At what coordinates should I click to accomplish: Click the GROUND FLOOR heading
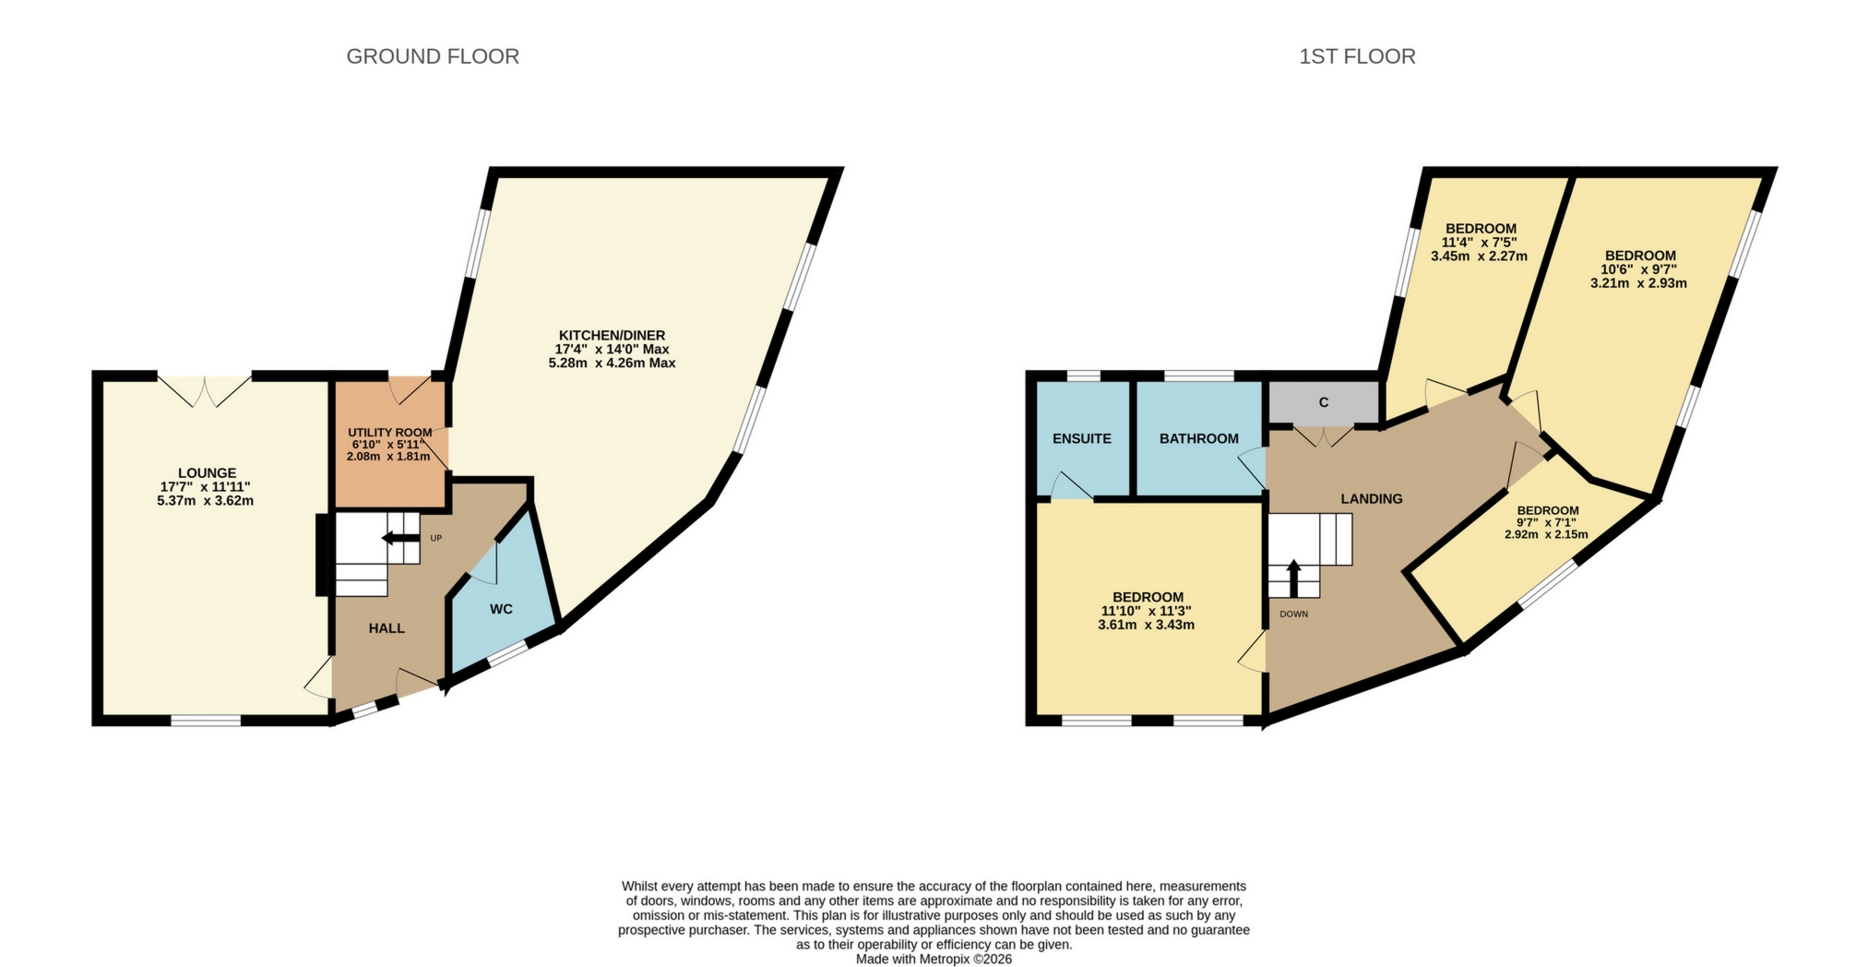433,56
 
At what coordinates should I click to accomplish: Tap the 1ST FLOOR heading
1357,56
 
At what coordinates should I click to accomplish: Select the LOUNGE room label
207,473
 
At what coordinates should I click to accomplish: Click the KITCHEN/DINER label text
612,335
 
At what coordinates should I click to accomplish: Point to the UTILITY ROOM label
389,433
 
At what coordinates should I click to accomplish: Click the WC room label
501,609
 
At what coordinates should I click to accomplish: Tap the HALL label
387,628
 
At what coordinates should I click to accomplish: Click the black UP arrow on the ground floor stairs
399,539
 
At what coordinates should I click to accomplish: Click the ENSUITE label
1082,438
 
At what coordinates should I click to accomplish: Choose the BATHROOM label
1199,438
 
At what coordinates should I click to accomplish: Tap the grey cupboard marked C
1324,402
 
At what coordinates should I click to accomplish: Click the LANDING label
1372,498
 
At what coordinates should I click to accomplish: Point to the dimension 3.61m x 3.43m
1147,625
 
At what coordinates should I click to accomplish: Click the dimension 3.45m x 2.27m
1479,257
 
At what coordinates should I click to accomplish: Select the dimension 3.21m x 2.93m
1638,283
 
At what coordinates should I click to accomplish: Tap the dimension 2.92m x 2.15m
1547,534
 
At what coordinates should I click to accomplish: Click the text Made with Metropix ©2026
934,959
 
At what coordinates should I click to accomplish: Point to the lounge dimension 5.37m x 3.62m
206,501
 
